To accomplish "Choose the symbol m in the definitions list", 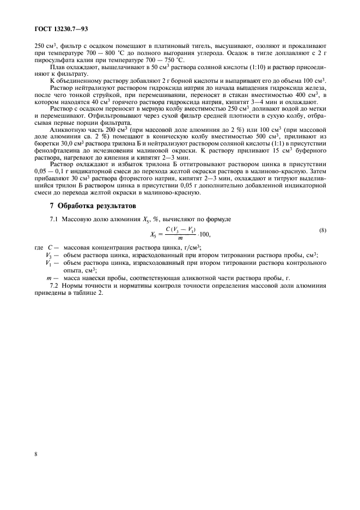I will coord(49,278).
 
